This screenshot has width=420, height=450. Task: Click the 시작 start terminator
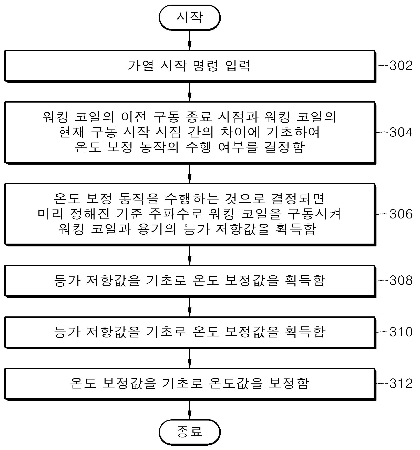189,17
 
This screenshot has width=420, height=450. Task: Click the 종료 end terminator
189,432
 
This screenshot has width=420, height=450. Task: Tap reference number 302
401,66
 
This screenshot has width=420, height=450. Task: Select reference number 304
401,132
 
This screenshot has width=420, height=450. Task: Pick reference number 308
401,281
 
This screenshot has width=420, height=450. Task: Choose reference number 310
401,332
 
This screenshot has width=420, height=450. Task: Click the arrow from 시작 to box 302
189,40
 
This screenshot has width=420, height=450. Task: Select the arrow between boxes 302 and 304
189,92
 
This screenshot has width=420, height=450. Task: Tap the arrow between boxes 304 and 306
189,174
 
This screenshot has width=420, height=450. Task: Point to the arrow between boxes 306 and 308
189,256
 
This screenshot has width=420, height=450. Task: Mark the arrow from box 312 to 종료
189,409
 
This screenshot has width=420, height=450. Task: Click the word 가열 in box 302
140,66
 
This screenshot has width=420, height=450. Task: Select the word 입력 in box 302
238,66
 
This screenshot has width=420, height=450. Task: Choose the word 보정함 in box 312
289,383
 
